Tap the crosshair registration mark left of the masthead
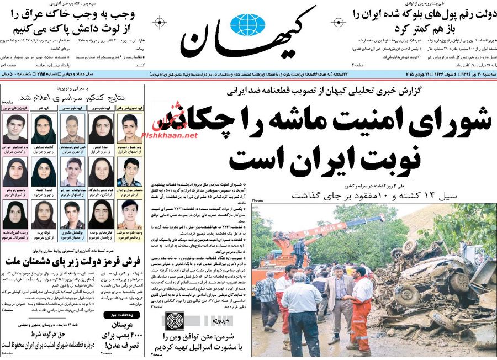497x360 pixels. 160,23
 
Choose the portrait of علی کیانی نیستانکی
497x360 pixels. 72,129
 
